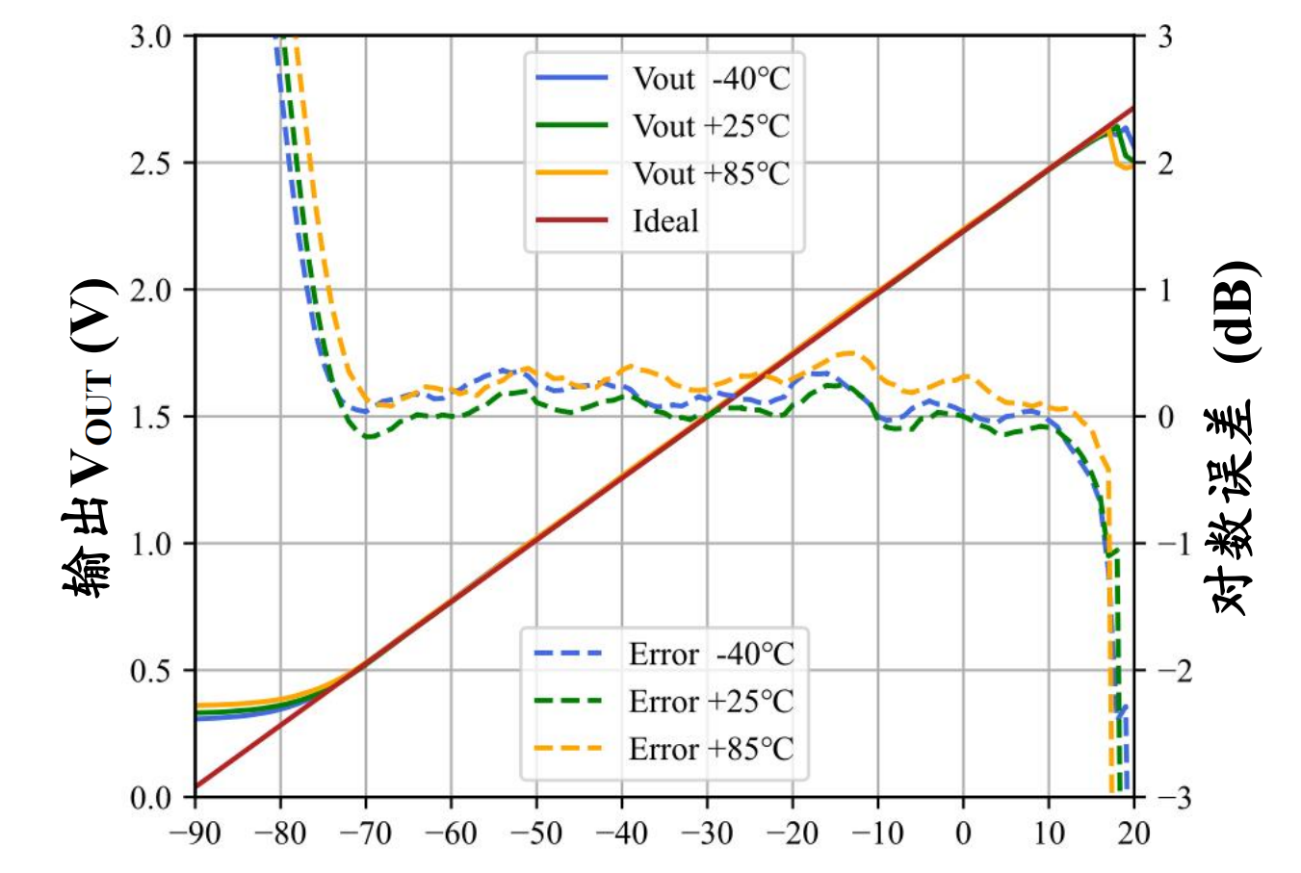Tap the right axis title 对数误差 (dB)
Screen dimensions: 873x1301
coord(1233,438)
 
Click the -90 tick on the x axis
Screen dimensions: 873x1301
coord(195,833)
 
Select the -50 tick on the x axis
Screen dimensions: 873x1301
coord(536,833)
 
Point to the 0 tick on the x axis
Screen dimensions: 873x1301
coord(963,833)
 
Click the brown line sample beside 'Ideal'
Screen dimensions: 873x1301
coord(571,220)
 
